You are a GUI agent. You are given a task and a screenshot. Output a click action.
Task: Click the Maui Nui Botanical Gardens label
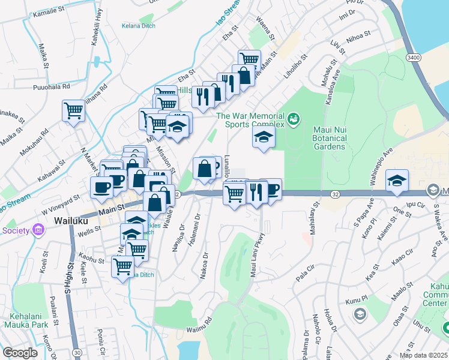(330, 137)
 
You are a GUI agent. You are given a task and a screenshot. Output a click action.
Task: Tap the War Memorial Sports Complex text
(250, 121)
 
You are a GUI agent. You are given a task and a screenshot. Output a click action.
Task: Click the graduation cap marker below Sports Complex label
(262, 137)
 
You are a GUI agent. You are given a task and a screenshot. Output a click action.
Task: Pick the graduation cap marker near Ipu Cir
(397, 181)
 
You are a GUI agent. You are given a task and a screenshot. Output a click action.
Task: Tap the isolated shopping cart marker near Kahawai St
(73, 110)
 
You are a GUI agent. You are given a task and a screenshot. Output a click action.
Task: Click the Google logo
(20, 353)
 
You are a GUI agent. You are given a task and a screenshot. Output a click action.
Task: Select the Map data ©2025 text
(423, 355)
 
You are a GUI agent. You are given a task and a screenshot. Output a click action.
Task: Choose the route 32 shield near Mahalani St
(334, 193)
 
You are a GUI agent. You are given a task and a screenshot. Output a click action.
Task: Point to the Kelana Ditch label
(138, 26)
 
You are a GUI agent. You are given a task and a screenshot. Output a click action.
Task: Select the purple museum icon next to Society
(39, 230)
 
